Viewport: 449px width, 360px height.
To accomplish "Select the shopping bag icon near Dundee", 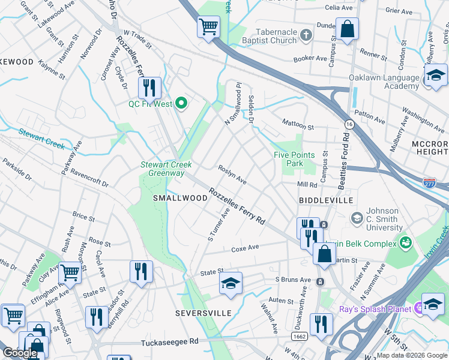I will click(347, 29).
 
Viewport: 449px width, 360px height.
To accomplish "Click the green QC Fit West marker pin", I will click(181, 104).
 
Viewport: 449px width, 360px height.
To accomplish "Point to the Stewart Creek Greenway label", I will click(166, 169).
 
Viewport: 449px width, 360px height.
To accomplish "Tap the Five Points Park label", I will click(294, 159).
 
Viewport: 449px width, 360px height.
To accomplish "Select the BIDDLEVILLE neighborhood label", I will click(321, 199).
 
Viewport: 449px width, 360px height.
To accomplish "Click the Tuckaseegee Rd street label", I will click(170, 343).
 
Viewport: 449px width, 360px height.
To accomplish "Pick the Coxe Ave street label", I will click(245, 247).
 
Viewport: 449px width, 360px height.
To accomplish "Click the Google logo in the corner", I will click(20, 353).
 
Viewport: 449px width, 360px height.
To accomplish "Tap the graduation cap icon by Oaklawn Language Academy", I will click(436, 76).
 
